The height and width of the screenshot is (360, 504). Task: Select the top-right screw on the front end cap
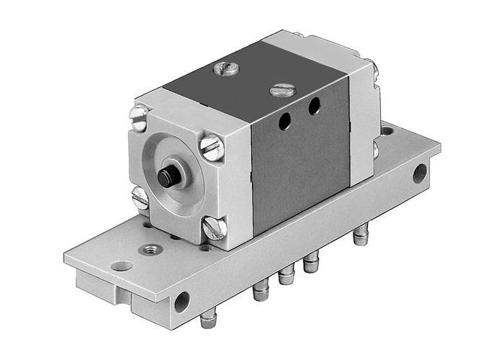point(212,148)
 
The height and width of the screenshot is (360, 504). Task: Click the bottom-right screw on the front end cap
point(214,228)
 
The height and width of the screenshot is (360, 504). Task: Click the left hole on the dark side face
point(285,122)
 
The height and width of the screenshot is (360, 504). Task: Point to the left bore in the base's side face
point(181,300)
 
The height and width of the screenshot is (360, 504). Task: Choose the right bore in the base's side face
point(419,173)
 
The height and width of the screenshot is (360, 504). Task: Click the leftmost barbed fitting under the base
point(208,318)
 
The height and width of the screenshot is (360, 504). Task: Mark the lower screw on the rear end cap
point(375,150)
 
